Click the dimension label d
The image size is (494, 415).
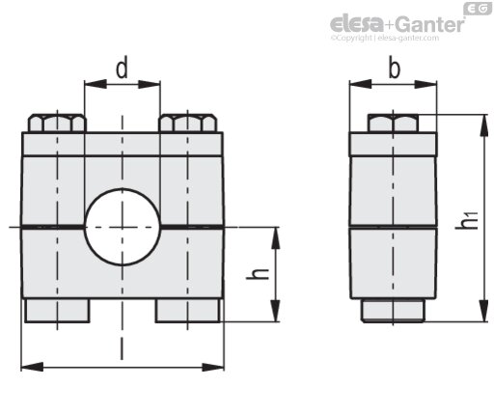coord(122,68)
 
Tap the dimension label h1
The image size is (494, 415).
coord(466,220)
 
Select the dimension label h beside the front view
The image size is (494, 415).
coord(258,273)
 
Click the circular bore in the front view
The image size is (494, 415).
coord(123,227)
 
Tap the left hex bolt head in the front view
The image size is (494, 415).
coord(57,124)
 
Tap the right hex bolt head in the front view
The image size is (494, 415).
coord(187,124)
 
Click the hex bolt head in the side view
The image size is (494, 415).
coord(393,124)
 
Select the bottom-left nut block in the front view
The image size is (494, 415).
coord(57,311)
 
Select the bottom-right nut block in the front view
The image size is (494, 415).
coord(188,311)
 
